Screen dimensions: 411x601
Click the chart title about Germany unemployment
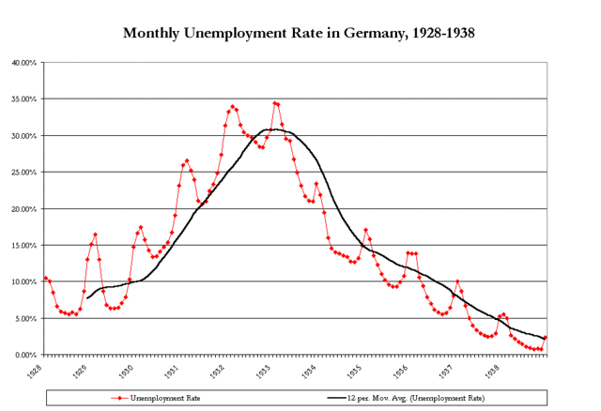coord(300,33)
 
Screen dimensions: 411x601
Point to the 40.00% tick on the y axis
coord(23,63)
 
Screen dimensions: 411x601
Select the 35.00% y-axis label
coord(23,99)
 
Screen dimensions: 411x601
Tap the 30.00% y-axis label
coord(23,136)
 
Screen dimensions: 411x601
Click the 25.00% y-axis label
coord(23,173)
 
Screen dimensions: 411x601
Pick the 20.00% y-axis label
coord(23,209)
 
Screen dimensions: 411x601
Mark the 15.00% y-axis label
coord(23,246)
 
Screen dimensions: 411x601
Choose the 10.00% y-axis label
coord(23,282)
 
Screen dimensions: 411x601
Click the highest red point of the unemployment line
coord(274,103)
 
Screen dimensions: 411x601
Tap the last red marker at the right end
coord(546,338)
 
